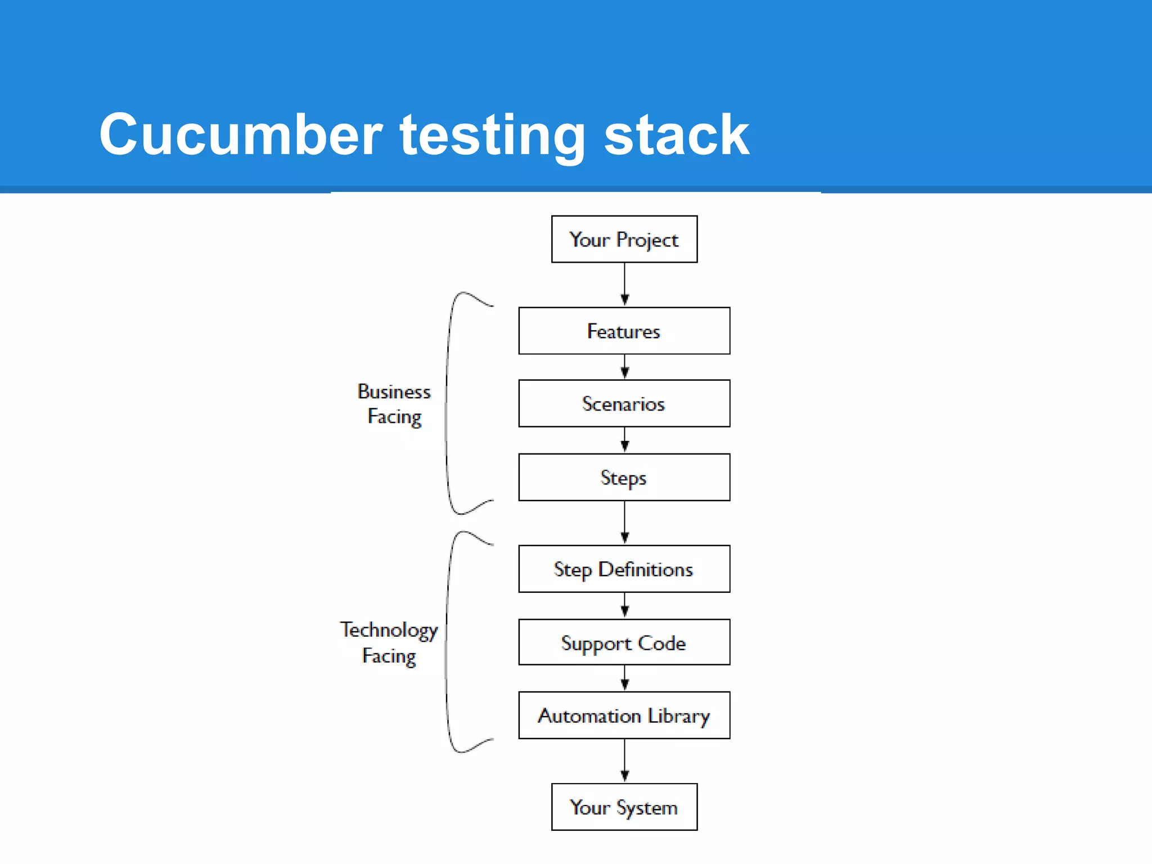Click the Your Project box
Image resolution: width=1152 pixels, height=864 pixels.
pyautogui.click(x=624, y=239)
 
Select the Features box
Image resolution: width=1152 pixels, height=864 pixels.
pyautogui.click(x=624, y=331)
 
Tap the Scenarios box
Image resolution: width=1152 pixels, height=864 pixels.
pyautogui.click(x=624, y=403)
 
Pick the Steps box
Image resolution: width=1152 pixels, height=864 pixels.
pyautogui.click(x=624, y=477)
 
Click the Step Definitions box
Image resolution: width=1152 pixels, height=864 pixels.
pyautogui.click(x=624, y=569)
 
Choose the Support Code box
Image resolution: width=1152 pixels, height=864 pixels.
pyautogui.click(x=624, y=642)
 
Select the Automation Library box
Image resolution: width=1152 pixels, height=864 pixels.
pyautogui.click(x=624, y=715)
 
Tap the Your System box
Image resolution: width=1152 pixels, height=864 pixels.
pyautogui.click(x=624, y=807)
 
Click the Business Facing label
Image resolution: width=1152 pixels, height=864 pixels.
pyautogui.click(x=394, y=404)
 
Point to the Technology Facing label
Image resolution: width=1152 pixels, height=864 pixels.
pyautogui.click(x=389, y=642)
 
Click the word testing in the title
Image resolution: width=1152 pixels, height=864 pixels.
pyautogui.click(x=493, y=135)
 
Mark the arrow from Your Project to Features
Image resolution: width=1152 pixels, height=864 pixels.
pyautogui.click(x=624, y=285)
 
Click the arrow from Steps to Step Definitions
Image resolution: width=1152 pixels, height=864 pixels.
pyautogui.click(x=624, y=523)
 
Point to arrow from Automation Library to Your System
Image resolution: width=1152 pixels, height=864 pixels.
pyautogui.click(x=624, y=760)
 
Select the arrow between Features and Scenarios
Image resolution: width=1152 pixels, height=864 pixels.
pyautogui.click(x=624, y=367)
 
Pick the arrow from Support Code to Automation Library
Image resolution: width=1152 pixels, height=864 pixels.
pyautogui.click(x=624, y=678)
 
